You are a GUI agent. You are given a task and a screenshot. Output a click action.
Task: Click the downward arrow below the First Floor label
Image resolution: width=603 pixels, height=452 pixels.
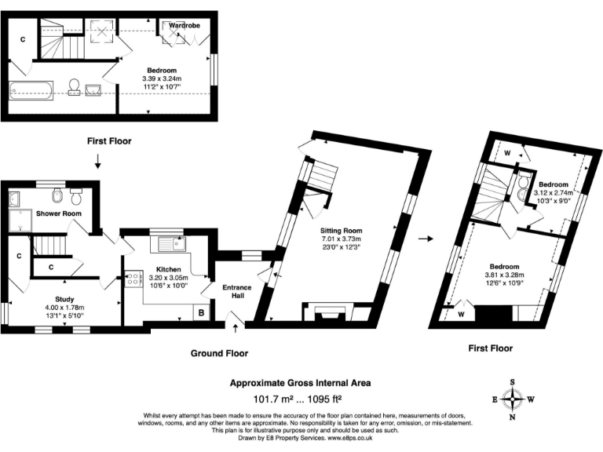pos(97,162)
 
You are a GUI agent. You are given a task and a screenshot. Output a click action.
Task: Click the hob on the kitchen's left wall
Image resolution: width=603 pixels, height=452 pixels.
pos(127,282)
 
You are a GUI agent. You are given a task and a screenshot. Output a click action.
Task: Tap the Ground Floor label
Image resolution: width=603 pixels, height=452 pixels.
pos(220,353)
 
